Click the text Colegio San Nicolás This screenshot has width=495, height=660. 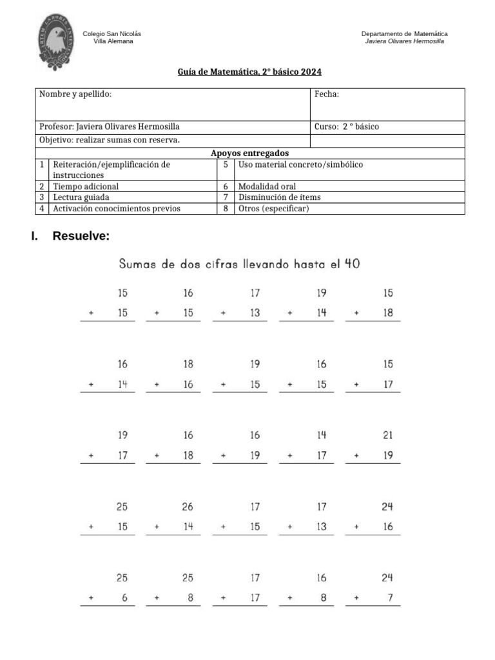click(x=112, y=34)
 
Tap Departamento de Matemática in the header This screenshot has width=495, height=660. click(x=404, y=34)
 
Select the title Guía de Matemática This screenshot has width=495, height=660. click(x=249, y=72)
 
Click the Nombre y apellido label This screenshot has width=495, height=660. click(x=75, y=94)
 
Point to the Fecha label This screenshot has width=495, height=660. click(x=327, y=94)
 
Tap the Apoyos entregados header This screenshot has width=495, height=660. click(x=249, y=153)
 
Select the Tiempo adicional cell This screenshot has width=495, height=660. click(x=86, y=186)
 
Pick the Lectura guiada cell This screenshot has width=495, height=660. click(x=81, y=197)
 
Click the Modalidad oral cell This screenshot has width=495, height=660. click(x=267, y=186)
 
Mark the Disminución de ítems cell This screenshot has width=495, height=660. click(x=280, y=197)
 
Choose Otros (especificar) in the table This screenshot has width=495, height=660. click(x=274, y=208)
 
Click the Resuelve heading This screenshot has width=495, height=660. click(x=81, y=236)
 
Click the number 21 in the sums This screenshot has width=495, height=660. click(x=388, y=436)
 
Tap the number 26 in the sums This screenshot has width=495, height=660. click(x=188, y=507)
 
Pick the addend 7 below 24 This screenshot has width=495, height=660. click(x=390, y=597)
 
